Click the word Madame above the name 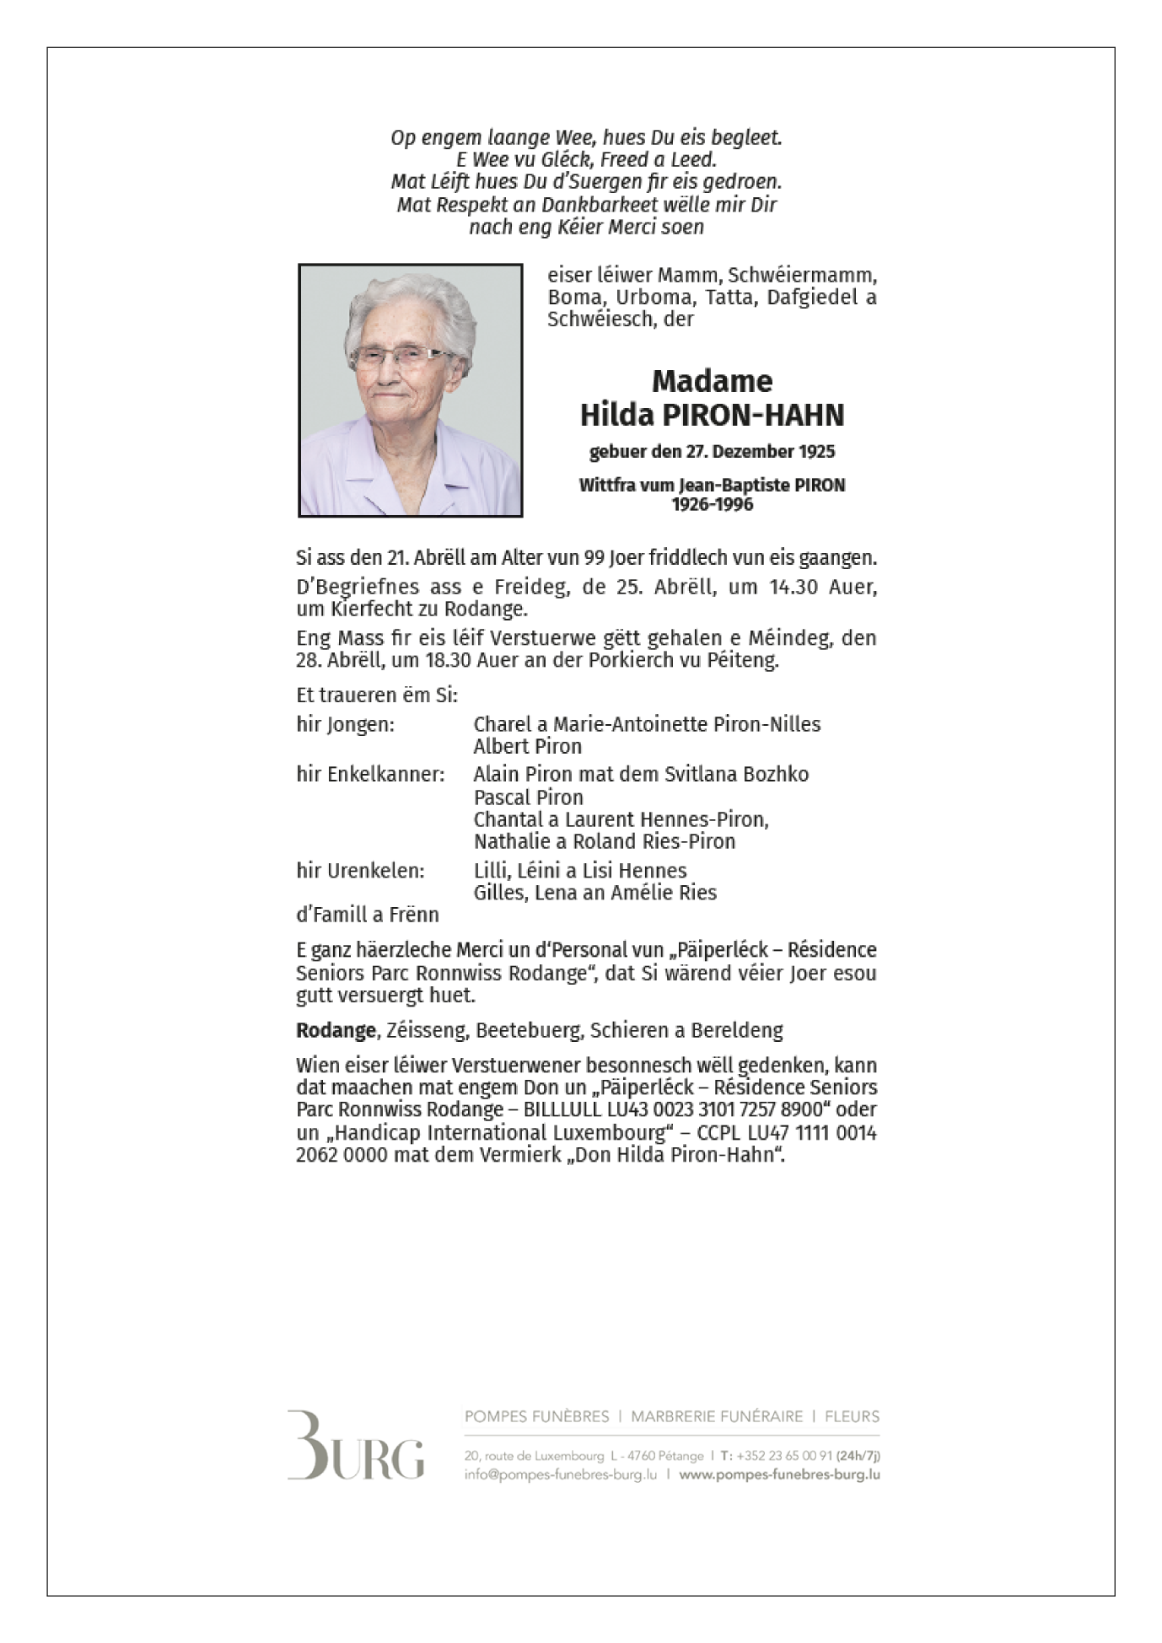pos(712,381)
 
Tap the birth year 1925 pos(816,452)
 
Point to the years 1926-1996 pos(712,504)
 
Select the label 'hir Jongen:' pos(345,724)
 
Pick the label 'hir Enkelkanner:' pos(369,774)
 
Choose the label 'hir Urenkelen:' pos(360,870)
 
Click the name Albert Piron pos(527,746)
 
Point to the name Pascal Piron pos(528,797)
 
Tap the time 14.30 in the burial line pos(793,587)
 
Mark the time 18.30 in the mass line pos(449,659)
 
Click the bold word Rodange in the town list pos(336,1030)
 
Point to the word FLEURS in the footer pos(852,1416)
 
